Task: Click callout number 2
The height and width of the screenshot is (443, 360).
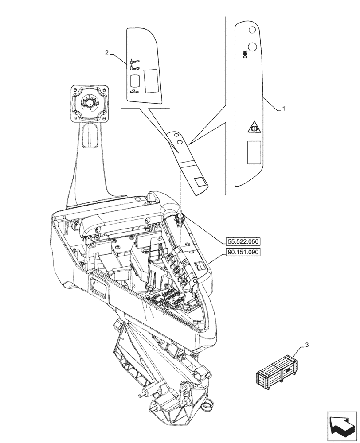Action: [107, 53]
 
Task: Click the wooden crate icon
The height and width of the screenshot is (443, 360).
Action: [277, 372]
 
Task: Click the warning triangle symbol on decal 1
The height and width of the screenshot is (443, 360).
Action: [253, 128]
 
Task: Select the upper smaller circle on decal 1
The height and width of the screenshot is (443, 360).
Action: [252, 30]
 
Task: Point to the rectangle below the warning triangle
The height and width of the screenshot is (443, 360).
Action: [254, 152]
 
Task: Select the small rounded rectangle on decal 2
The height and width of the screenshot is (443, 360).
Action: [134, 80]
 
